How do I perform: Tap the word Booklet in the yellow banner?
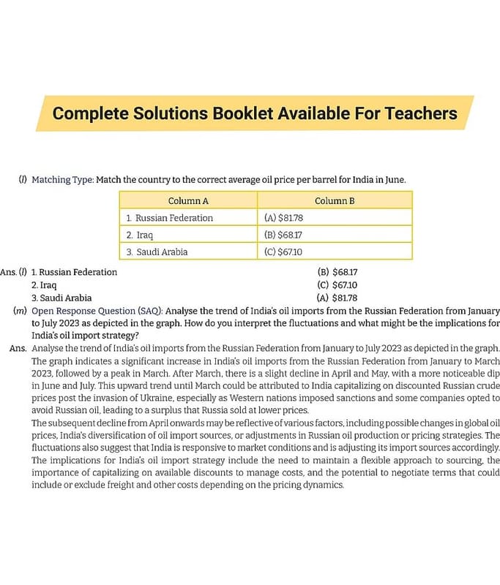(x=245, y=114)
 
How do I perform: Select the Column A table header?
(x=188, y=201)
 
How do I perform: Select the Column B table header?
(x=335, y=201)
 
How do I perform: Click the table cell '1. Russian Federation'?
(x=169, y=218)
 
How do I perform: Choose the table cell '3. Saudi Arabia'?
(x=157, y=252)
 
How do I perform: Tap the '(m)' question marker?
(x=21, y=311)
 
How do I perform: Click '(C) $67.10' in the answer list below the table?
(x=337, y=284)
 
